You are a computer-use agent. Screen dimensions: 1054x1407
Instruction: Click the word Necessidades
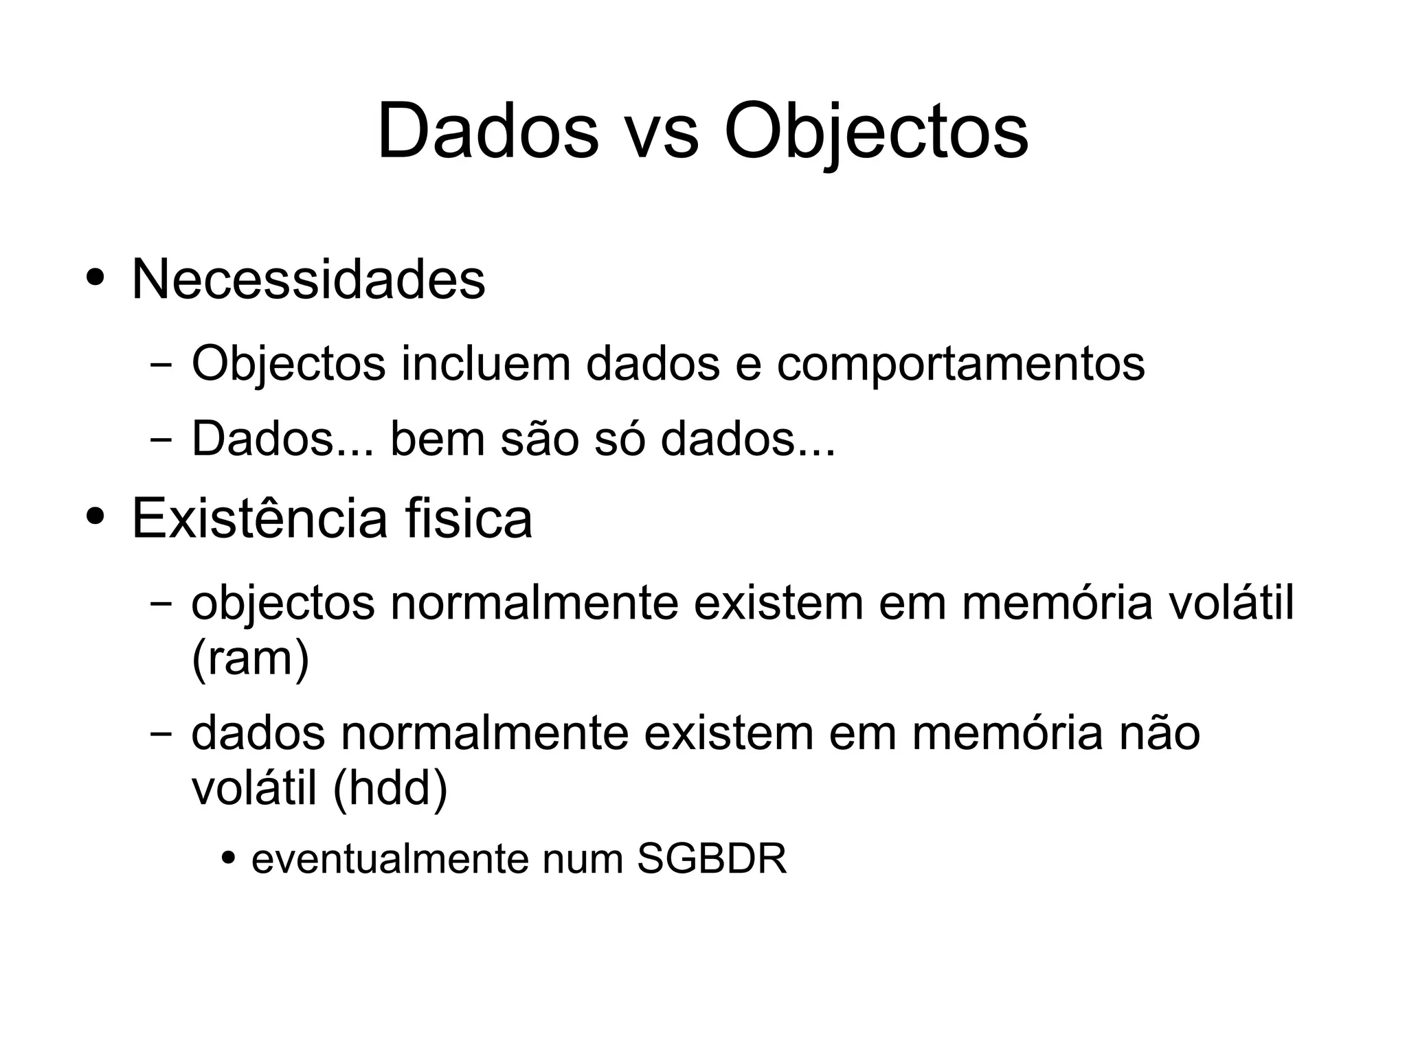pyautogui.click(x=308, y=279)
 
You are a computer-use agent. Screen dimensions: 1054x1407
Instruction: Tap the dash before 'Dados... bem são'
pyautogui.click(x=161, y=439)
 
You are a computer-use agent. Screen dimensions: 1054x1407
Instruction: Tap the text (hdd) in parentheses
pyautogui.click(x=390, y=788)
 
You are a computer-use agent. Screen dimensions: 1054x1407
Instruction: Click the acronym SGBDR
pyautogui.click(x=712, y=858)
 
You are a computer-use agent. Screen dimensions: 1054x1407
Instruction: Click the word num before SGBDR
pyautogui.click(x=583, y=858)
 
